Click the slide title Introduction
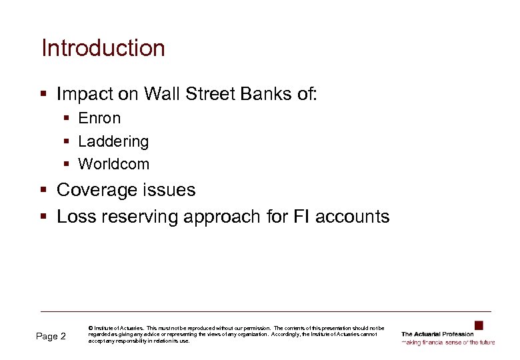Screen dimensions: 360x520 tap(103, 49)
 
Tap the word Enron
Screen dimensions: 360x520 tap(99, 119)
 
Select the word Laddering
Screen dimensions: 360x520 tap(113, 142)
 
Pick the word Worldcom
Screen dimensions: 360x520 tap(113, 164)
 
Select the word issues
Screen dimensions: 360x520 tap(172, 191)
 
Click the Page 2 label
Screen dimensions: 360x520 tap(51, 337)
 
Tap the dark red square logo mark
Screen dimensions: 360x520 tap(478, 325)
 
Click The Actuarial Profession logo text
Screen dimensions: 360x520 tap(437, 334)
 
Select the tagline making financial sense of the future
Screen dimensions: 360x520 tap(448, 342)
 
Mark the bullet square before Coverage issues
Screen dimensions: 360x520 tap(44, 191)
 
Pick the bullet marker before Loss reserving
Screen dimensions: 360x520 tap(44, 217)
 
